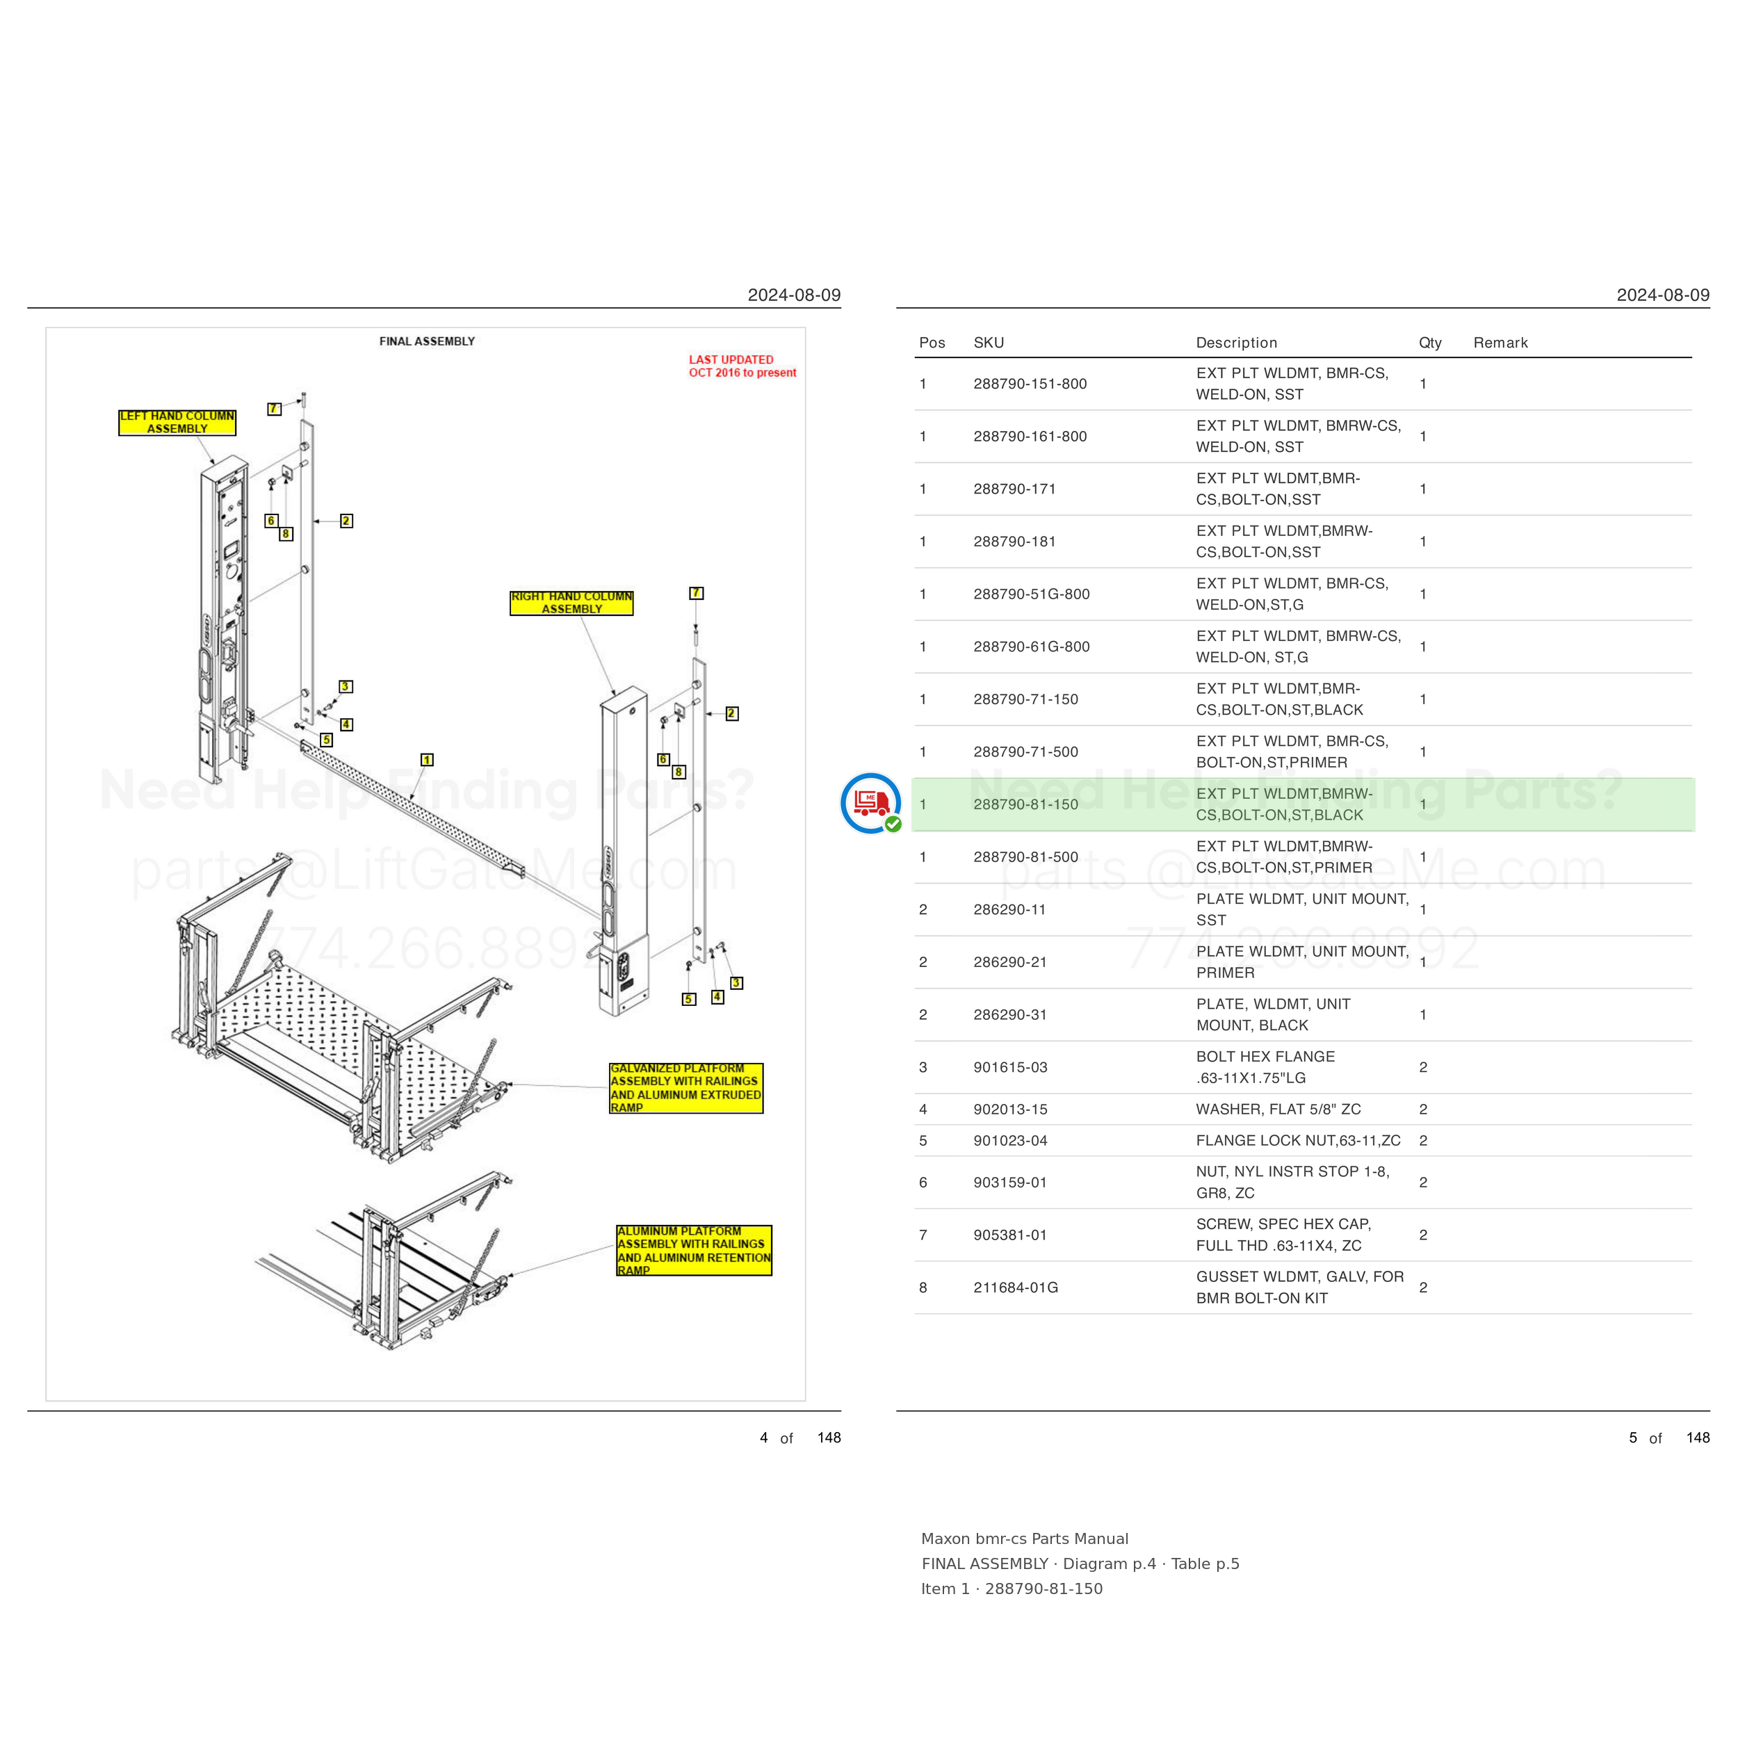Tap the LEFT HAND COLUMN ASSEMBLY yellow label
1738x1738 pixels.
coord(177,422)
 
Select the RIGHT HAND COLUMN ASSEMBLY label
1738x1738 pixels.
coord(571,603)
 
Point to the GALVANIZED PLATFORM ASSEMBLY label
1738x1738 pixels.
coord(686,1087)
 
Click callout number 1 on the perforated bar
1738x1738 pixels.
coord(428,760)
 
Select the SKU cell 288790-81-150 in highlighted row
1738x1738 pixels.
coord(1025,804)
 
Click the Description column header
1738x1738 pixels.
coord(1236,343)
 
